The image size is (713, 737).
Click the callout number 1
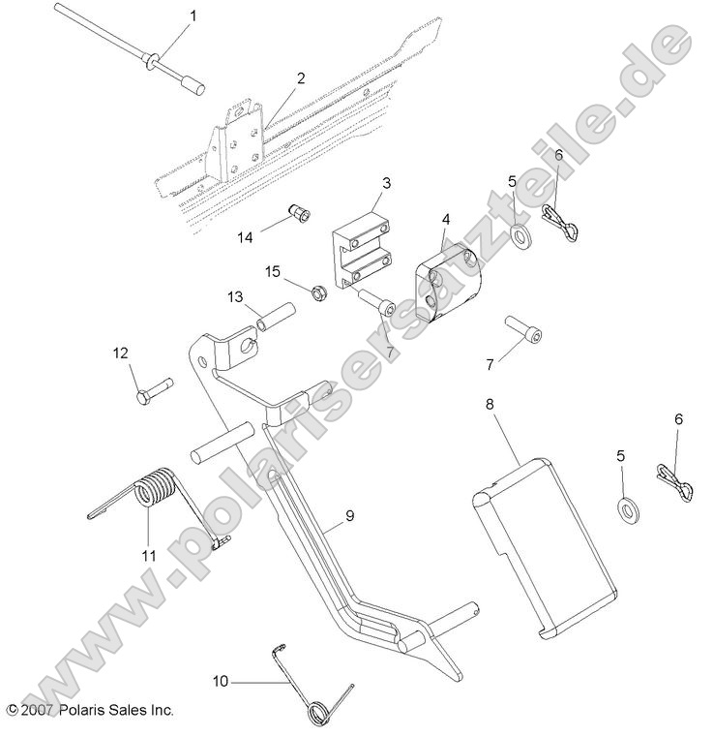tap(192, 15)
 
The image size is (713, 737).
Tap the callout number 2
tap(301, 77)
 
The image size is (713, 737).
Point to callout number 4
tap(445, 219)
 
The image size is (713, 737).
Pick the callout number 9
tap(349, 516)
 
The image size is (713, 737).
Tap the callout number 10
tap(221, 681)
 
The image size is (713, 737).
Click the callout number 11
tap(148, 555)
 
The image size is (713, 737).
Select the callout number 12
tap(120, 353)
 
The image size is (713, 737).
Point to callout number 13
tap(235, 295)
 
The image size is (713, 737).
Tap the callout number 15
tap(274, 272)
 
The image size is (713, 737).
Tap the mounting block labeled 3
tap(361, 252)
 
